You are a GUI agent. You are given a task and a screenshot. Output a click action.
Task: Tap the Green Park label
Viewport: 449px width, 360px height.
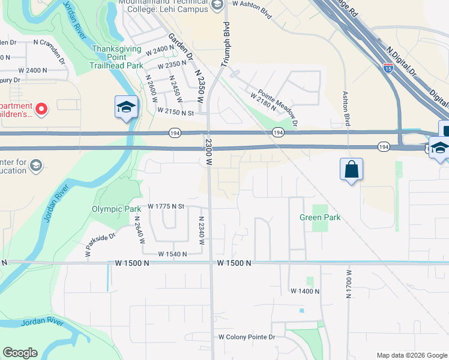point(320,217)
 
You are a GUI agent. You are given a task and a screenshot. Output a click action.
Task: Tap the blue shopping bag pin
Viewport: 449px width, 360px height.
point(351,169)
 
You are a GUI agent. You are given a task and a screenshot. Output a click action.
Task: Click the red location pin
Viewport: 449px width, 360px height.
point(41,109)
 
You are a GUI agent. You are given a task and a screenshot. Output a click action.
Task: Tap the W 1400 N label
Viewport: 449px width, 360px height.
point(305,291)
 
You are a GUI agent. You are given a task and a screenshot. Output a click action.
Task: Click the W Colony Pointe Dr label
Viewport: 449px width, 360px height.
point(246,337)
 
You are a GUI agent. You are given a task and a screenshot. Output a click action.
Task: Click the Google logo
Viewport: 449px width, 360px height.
point(20,353)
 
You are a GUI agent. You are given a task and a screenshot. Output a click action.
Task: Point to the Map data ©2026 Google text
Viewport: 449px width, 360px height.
point(411,355)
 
